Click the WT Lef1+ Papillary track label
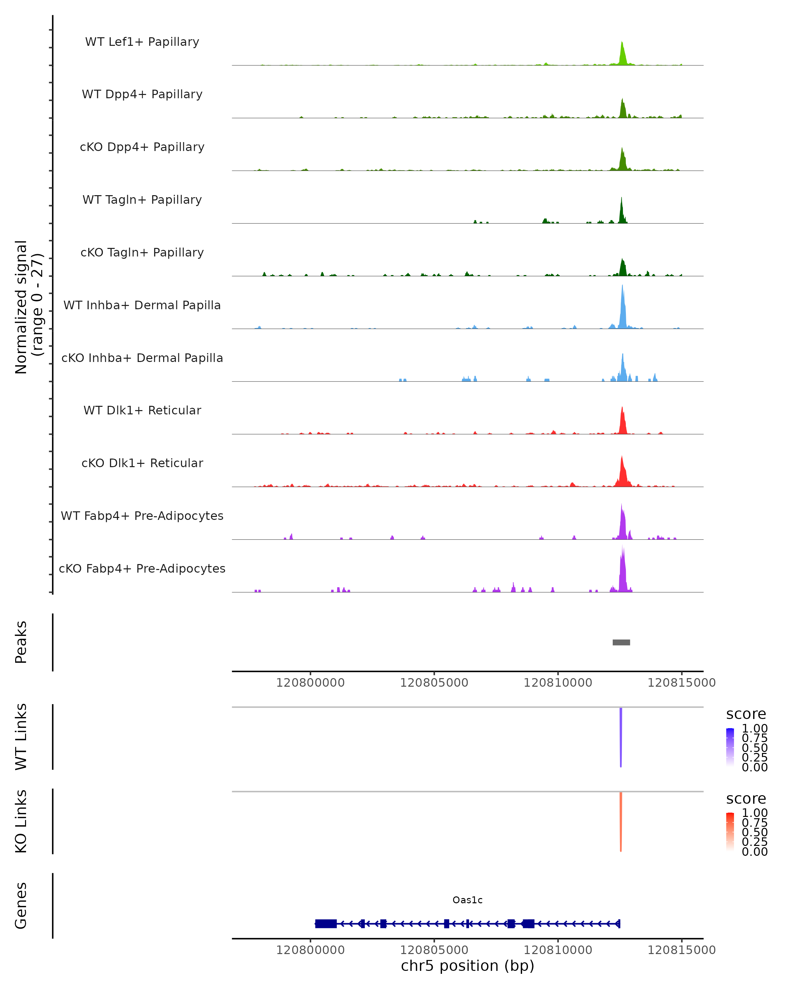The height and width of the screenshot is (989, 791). coord(142,42)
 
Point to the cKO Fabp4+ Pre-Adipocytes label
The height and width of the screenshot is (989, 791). coord(142,568)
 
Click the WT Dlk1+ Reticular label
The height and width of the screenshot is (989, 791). coord(142,410)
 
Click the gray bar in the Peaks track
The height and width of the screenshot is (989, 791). coord(621,642)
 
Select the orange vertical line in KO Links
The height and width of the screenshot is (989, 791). coord(621,822)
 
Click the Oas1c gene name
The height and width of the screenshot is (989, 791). coord(467,900)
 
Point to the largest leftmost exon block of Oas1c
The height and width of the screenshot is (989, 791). coord(326,924)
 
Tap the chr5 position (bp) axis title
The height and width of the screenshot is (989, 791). coord(467,966)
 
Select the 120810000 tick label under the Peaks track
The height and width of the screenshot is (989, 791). coord(558,683)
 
